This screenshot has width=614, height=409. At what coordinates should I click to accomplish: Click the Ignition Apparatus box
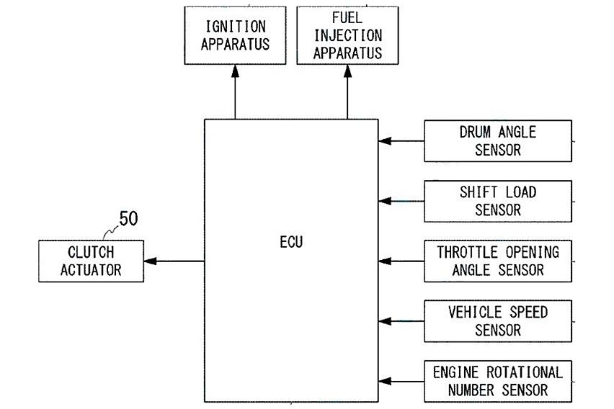[x=235, y=35]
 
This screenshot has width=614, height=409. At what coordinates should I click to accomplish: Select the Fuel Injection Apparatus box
[x=347, y=35]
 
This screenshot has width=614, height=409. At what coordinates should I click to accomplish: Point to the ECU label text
[x=291, y=242]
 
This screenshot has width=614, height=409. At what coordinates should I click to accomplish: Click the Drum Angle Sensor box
[x=497, y=141]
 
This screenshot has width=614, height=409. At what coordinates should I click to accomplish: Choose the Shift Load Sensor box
[x=497, y=201]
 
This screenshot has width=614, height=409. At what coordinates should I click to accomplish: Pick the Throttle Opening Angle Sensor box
[x=497, y=261]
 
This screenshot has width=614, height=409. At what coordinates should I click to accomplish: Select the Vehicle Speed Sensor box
[x=497, y=321]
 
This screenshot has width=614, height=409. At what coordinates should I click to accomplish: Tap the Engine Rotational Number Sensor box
[x=497, y=382]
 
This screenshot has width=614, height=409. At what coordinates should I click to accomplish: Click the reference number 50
[x=128, y=219]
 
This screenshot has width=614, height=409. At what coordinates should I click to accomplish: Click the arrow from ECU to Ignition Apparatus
[x=235, y=91]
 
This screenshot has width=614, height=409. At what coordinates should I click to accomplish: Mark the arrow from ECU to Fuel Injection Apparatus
[x=347, y=91]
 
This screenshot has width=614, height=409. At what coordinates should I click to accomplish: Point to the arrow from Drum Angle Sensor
[x=401, y=141]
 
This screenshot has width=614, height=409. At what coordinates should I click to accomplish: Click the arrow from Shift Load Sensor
[x=401, y=201]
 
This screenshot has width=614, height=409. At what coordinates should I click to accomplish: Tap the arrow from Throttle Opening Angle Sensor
[x=401, y=261]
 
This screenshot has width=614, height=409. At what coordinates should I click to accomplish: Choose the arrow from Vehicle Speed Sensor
[x=401, y=320]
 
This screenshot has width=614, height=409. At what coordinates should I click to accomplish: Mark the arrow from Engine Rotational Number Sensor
[x=401, y=381]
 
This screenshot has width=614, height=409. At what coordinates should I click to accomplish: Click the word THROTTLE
[x=466, y=253]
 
